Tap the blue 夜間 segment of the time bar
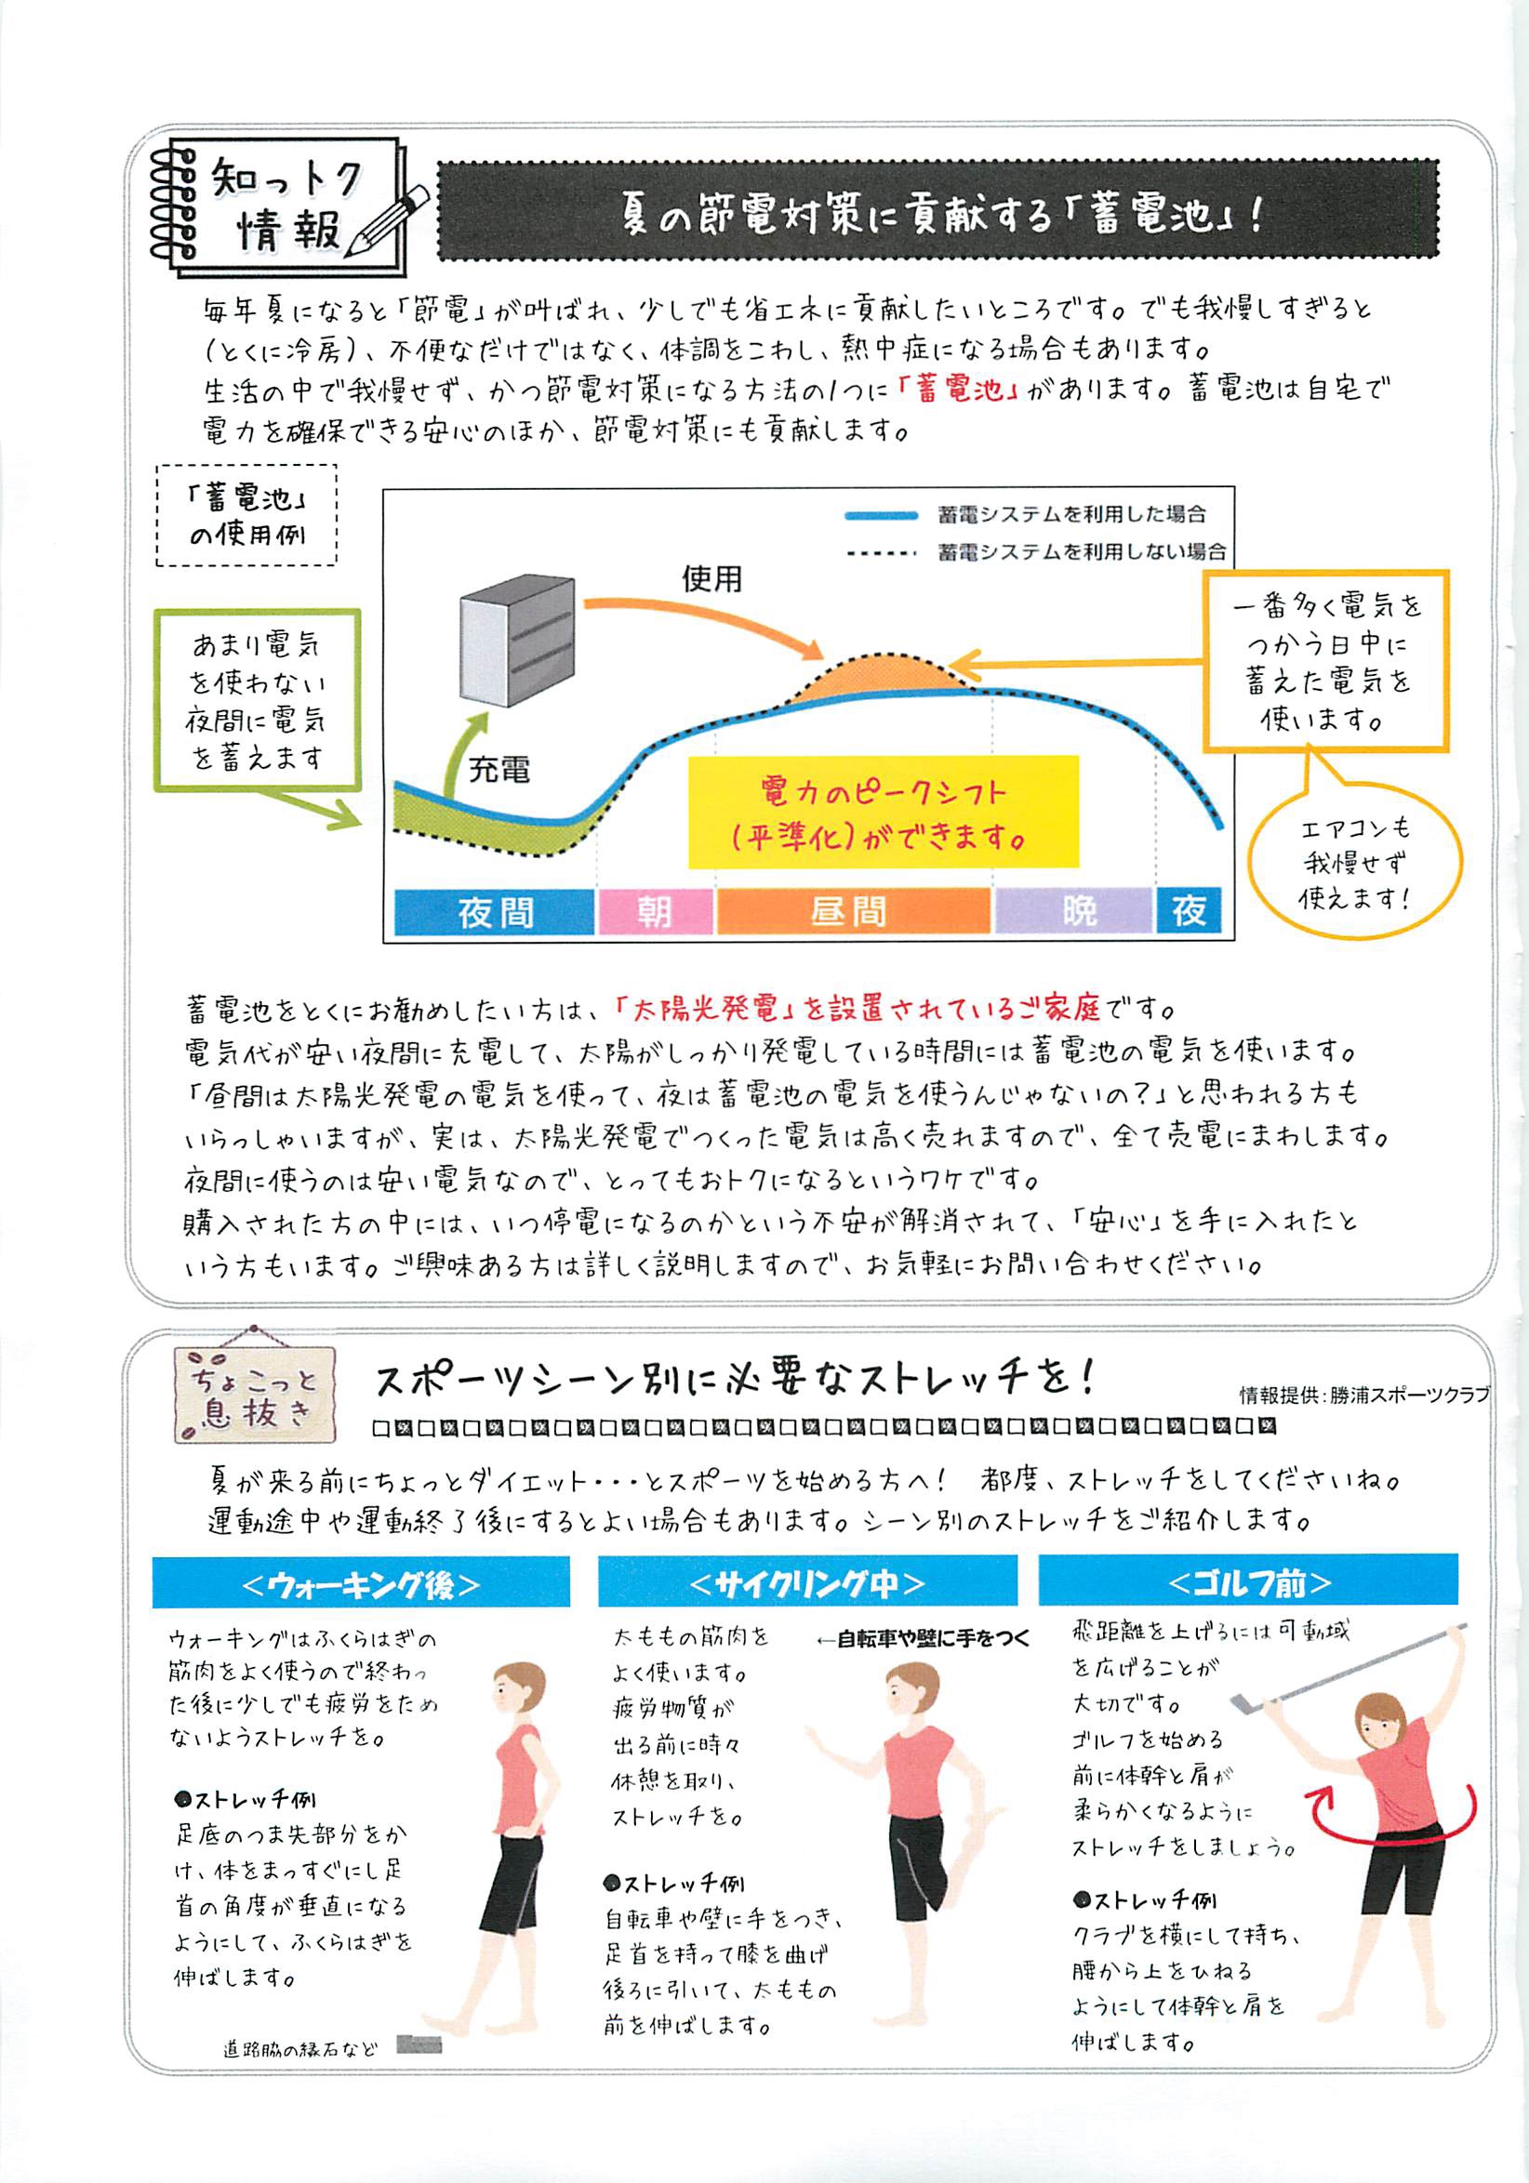pyautogui.click(x=495, y=912)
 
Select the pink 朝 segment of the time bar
pyautogui.click(x=655, y=912)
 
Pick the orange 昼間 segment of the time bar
pyautogui.click(x=853, y=912)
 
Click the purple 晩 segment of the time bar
pyautogui.click(x=1073, y=912)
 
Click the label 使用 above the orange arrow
pyautogui.click(x=711, y=578)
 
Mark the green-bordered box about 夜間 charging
pyautogui.click(x=258, y=700)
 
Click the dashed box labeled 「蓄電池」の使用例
pyautogui.click(x=246, y=515)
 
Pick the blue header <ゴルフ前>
pyautogui.click(x=1248, y=1582)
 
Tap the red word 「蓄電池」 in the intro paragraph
pyautogui.click(x=958, y=390)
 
